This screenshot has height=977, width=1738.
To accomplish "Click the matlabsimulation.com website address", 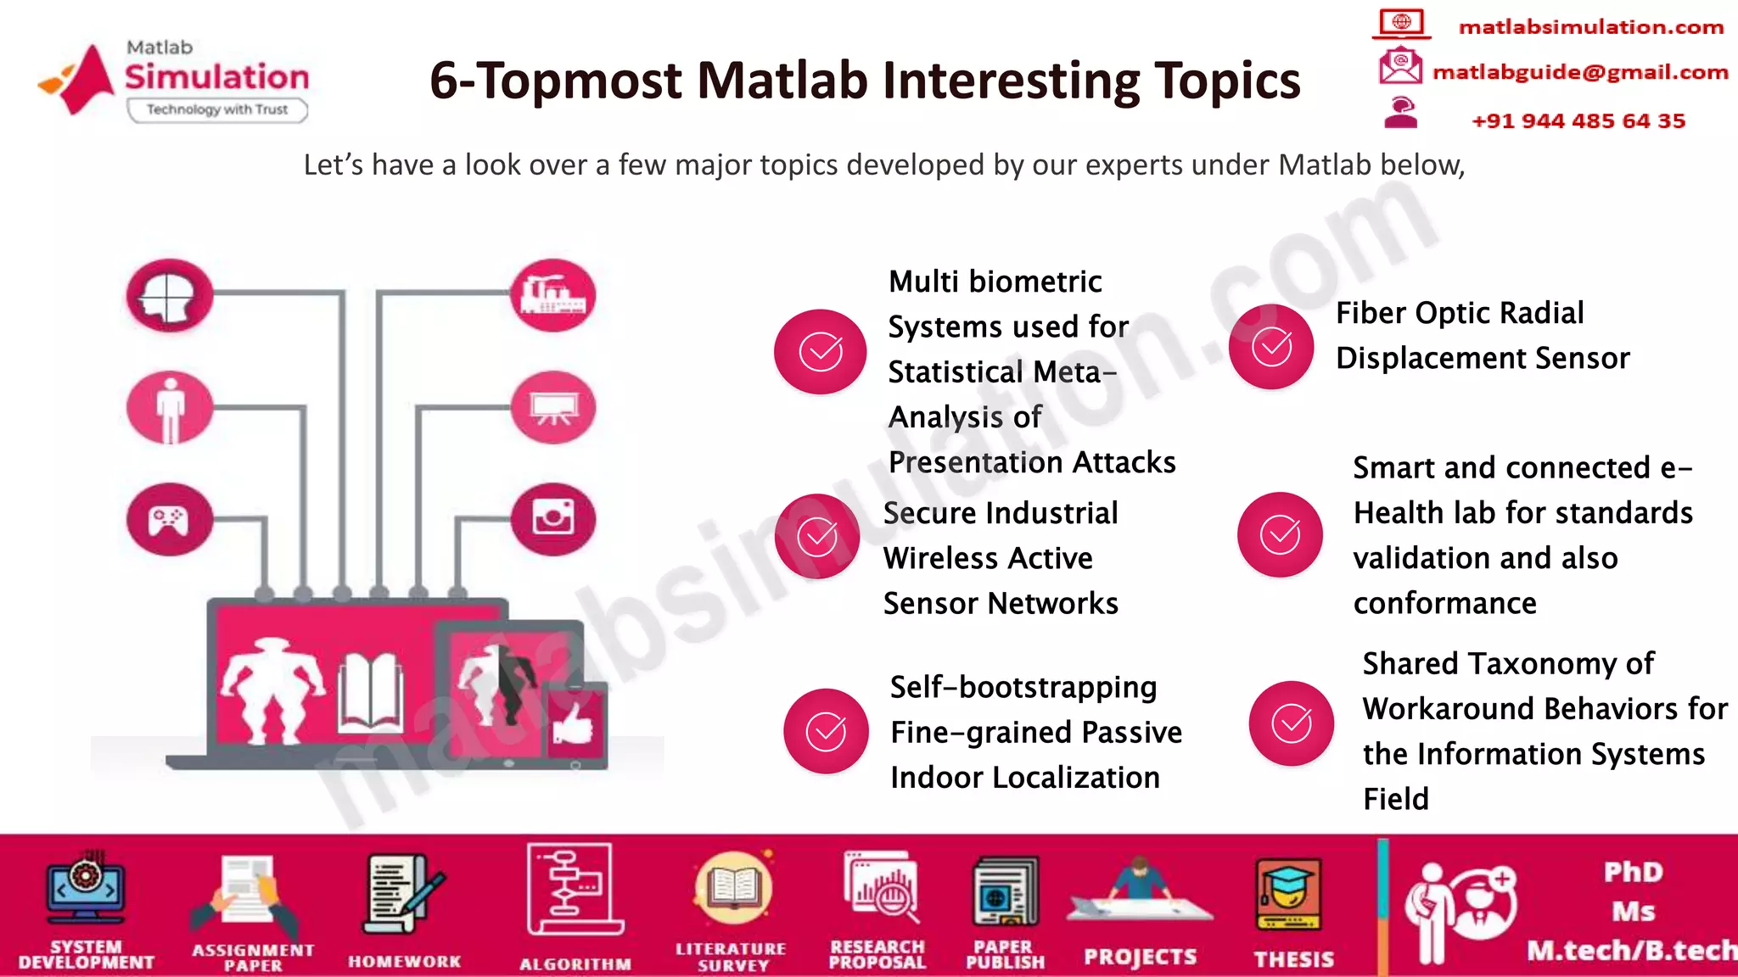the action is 1590,27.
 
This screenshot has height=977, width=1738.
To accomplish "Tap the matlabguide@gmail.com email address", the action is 1580,72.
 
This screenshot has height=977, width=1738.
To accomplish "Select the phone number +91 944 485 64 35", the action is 1578,120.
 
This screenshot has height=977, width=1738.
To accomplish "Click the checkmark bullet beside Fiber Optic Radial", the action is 1271,347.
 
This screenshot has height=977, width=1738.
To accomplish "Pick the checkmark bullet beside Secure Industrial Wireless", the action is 817,536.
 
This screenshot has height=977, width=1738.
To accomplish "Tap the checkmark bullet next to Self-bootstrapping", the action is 826,731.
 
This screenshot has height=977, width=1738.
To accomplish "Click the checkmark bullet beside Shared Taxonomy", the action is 1291,723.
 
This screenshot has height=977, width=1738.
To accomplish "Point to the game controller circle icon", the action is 170,519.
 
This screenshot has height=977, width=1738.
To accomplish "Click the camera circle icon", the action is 553,518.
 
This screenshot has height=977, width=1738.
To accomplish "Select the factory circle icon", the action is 553,295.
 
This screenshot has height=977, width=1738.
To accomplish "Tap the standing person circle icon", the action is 170,408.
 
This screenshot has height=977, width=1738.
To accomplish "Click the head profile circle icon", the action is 169,295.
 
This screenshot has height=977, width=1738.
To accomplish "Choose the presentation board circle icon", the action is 553,408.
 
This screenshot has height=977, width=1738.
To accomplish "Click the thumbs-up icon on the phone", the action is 574,723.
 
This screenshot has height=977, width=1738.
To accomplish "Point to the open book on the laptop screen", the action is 371,693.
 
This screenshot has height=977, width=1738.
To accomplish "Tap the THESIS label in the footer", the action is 1294,959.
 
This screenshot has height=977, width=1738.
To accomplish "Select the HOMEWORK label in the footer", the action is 404,961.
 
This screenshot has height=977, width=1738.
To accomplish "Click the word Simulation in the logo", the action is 217,77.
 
